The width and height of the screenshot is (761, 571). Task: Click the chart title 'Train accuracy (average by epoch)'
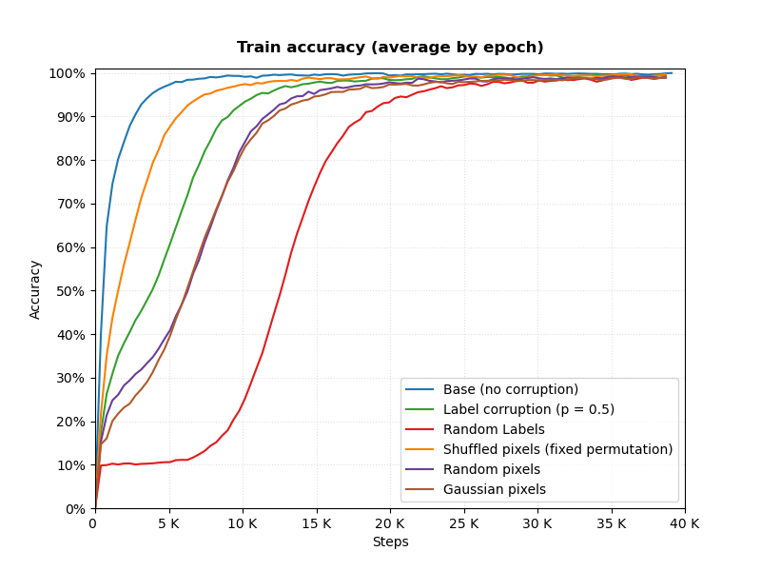click(390, 47)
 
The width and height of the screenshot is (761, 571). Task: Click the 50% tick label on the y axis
click(70, 291)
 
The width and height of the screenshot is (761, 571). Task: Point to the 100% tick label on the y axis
click(67, 74)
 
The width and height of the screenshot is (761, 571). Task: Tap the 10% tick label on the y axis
click(70, 465)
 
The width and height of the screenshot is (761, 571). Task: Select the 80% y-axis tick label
click(70, 161)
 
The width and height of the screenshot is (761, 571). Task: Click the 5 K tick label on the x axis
click(169, 524)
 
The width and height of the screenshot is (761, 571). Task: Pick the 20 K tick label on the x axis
click(390, 524)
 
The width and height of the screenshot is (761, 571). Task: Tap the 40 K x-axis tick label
click(685, 524)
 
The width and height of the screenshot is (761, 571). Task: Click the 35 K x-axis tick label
click(611, 524)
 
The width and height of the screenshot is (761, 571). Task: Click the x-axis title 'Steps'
click(391, 541)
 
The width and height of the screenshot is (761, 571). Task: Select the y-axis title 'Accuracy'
click(35, 290)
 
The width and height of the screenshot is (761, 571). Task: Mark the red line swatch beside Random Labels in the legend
click(420, 430)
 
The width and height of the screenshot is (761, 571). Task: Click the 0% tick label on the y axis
click(75, 509)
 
